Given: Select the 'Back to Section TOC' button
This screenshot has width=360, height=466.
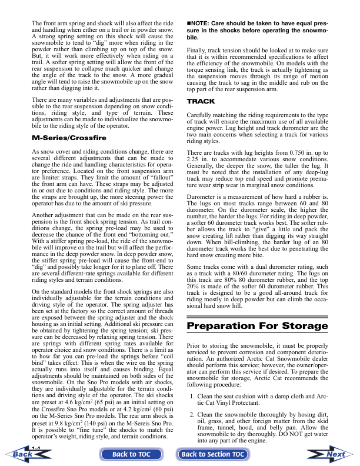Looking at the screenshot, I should (212, 454).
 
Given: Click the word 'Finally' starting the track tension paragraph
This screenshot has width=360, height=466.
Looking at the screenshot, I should (198, 51).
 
